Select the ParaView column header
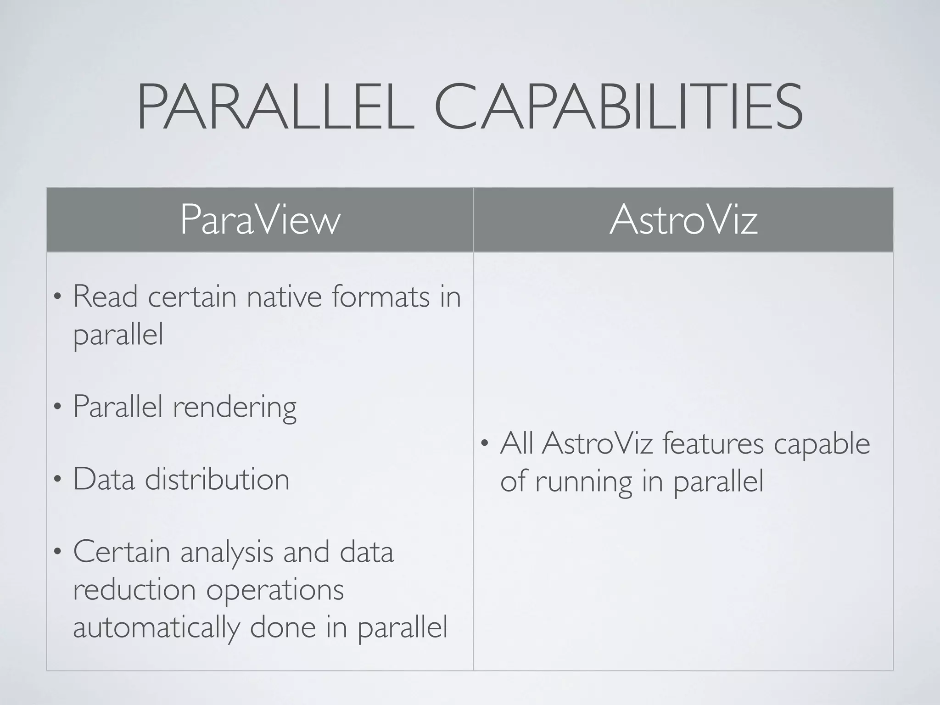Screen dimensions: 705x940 (x=260, y=220)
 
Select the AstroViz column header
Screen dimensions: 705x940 (x=683, y=220)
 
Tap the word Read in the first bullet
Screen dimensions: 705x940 (x=105, y=297)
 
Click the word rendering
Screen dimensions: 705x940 (x=234, y=408)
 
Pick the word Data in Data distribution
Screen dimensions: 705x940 (x=104, y=479)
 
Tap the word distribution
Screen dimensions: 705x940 (x=217, y=479)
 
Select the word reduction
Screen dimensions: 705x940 (x=134, y=589)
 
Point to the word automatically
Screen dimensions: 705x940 (x=156, y=628)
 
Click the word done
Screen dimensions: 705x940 (x=282, y=627)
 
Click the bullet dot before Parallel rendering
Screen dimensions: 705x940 (x=57, y=408)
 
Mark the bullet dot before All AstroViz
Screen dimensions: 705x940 (x=484, y=444)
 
